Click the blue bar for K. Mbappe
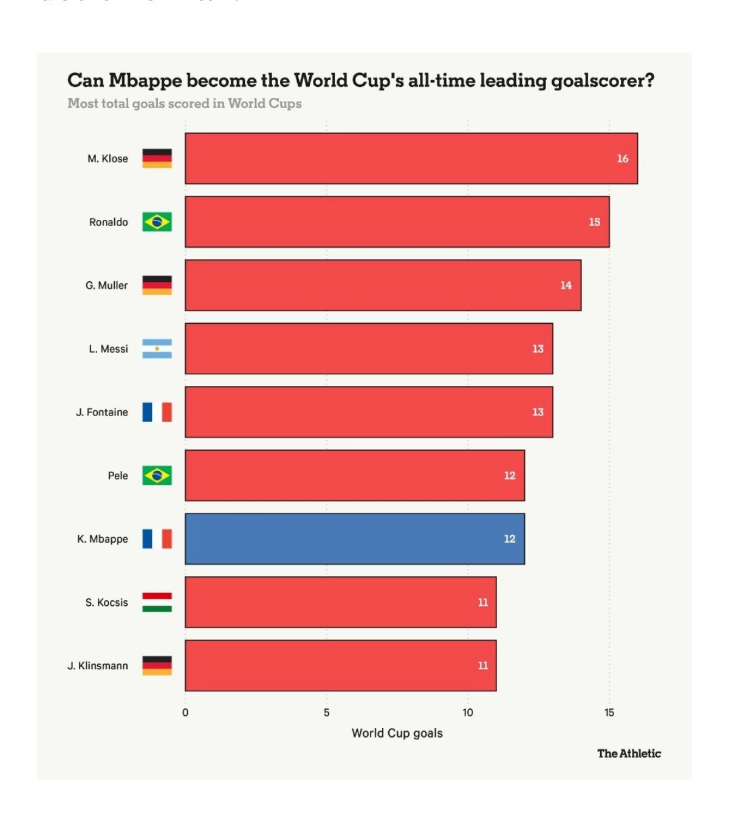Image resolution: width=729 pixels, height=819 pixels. tap(355, 539)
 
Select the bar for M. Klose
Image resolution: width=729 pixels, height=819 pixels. tap(411, 159)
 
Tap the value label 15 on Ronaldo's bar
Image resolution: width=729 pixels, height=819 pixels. tap(594, 222)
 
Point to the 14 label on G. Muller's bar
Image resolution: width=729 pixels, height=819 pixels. tap(566, 286)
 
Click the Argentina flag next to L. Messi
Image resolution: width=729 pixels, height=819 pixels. tap(157, 349)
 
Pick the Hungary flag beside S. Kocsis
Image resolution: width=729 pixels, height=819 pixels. tap(157, 602)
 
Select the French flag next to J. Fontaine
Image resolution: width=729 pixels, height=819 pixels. tap(157, 412)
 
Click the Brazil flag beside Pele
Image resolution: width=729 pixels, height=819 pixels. tap(157, 475)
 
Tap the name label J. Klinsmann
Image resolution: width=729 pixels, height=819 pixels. tap(98, 666)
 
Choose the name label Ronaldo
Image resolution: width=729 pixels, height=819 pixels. tap(109, 222)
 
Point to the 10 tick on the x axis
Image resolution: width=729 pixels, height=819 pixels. tap(468, 713)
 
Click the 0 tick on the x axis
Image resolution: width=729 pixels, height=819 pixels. tap(185, 713)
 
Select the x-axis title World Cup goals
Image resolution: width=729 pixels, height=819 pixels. tap(397, 733)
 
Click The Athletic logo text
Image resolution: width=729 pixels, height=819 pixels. tap(629, 753)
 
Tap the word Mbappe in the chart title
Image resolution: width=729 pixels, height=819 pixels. tap(145, 81)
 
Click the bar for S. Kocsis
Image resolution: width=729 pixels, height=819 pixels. tap(341, 602)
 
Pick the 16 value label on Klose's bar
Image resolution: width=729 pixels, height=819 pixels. tap(623, 159)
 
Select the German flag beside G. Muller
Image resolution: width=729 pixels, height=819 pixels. tap(157, 285)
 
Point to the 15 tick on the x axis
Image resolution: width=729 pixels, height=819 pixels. tap(609, 713)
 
